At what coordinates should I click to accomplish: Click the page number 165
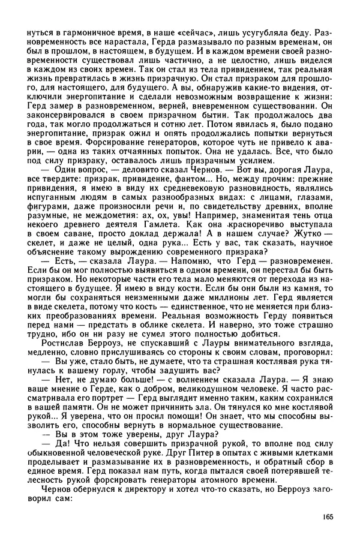[x=326, y=516]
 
